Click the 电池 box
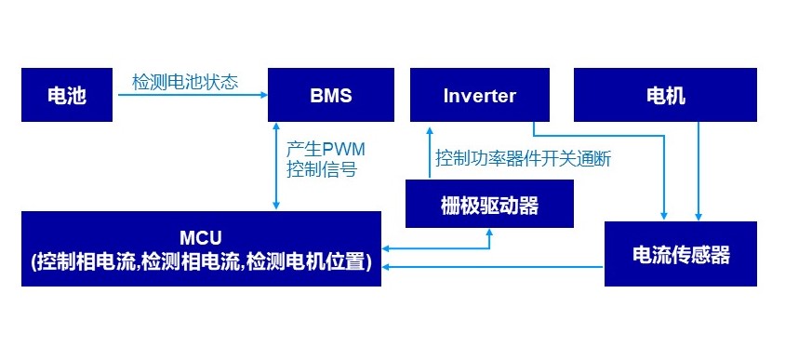66,95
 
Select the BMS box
331,95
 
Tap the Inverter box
480,95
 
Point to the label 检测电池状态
185,82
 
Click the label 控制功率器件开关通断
523,159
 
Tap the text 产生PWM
321,149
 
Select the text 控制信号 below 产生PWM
321,170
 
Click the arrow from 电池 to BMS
186,95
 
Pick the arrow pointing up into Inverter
429,149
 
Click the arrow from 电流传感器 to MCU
493,267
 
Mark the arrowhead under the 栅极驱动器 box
490,233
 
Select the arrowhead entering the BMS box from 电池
263,95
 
